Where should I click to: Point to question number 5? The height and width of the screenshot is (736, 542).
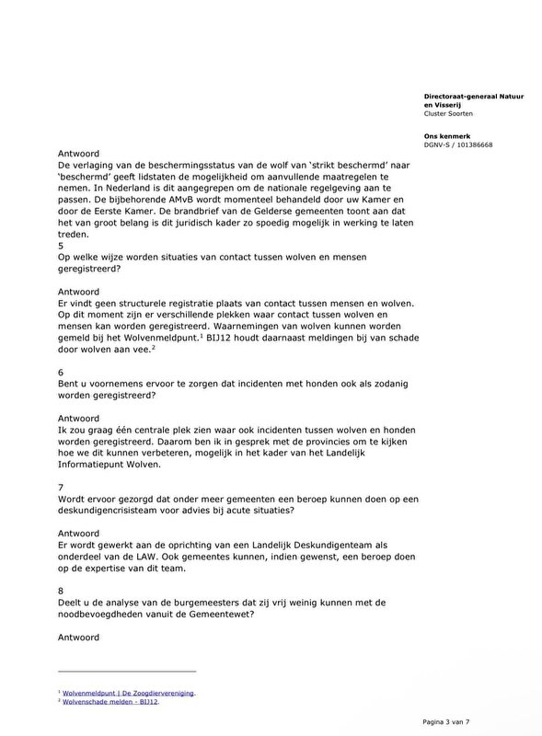(x=61, y=247)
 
